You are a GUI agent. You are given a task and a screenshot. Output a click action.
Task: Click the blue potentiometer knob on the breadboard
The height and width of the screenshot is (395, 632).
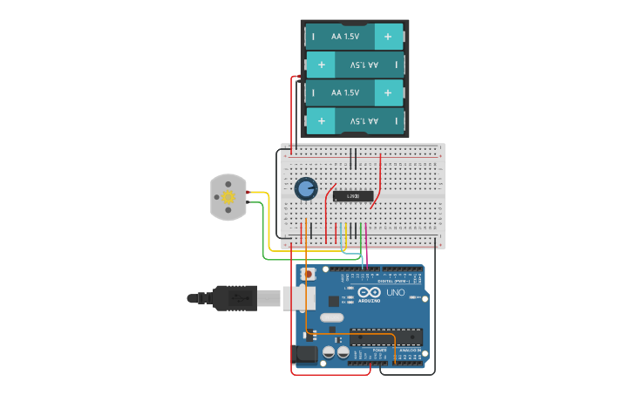[x=305, y=188]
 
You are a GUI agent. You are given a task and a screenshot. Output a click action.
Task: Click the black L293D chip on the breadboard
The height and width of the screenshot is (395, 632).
[x=353, y=195]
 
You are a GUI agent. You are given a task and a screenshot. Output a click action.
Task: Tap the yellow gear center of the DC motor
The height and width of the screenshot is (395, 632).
[x=228, y=197]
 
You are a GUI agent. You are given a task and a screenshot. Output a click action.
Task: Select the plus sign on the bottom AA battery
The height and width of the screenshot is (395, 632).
[x=322, y=121]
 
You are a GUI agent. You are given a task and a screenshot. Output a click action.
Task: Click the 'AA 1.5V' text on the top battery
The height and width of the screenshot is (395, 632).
[x=345, y=37]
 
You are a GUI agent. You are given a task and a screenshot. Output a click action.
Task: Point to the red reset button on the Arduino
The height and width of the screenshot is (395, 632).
[x=306, y=274]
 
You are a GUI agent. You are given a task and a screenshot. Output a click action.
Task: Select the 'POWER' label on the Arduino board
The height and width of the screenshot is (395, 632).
[x=366, y=349]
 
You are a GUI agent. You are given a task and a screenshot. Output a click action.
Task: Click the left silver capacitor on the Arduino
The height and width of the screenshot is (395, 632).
[x=330, y=353]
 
